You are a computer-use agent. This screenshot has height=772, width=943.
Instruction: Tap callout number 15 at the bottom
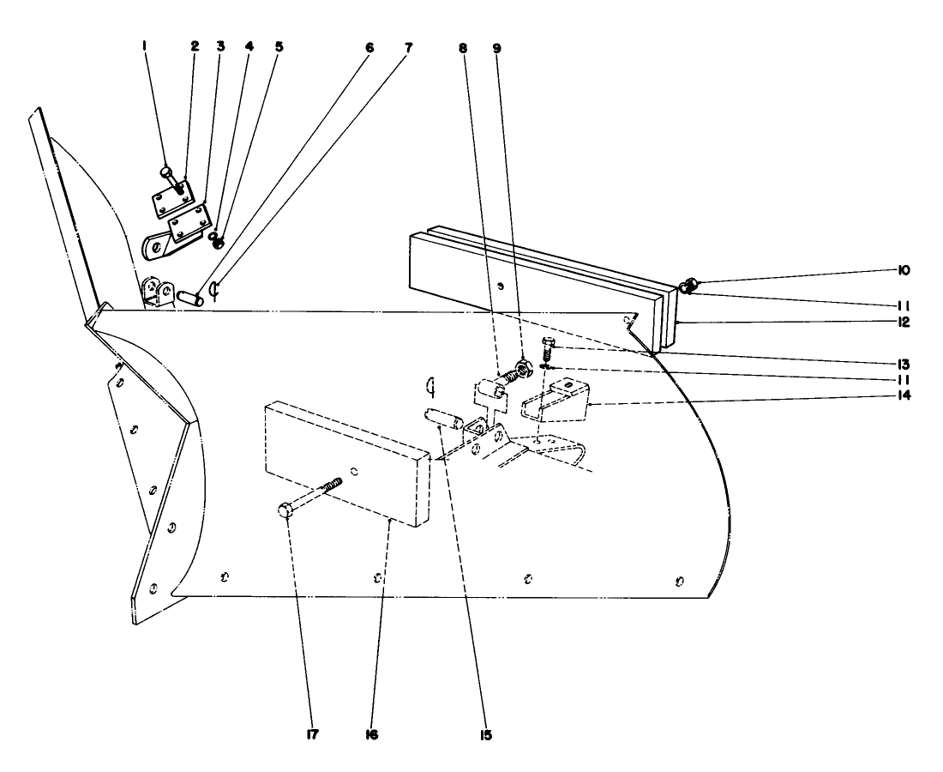[x=485, y=735]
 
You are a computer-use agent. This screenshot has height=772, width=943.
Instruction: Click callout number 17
[x=291, y=735]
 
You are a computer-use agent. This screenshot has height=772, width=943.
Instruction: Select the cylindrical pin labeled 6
[x=189, y=298]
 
